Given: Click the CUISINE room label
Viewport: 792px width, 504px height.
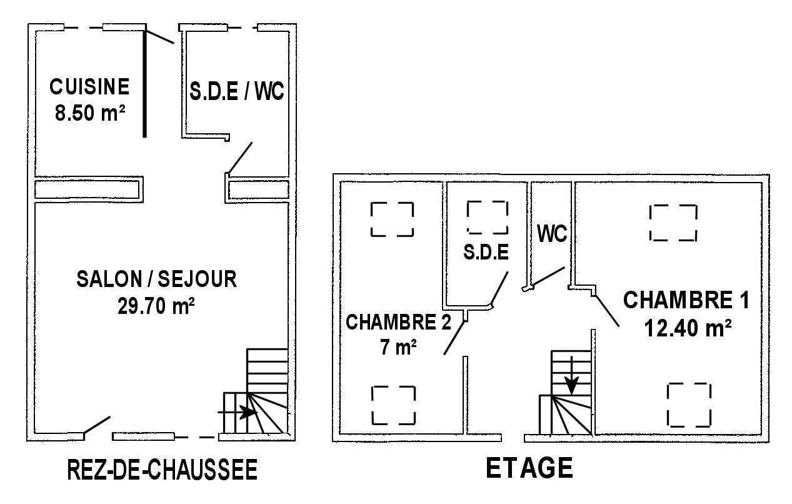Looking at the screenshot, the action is pyautogui.click(x=89, y=87).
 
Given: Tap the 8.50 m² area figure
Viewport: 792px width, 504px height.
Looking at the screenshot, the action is pyautogui.click(x=90, y=113).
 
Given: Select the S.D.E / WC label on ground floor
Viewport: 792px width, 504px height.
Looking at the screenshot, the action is pyautogui.click(x=237, y=91).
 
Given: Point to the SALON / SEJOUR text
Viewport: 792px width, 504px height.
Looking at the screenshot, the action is pyautogui.click(x=157, y=279).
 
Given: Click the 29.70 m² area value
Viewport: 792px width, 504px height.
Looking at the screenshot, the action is pyautogui.click(x=156, y=306).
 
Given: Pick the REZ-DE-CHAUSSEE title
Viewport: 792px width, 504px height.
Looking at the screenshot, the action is pyautogui.click(x=163, y=470).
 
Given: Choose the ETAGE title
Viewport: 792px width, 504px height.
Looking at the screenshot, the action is pyautogui.click(x=529, y=468).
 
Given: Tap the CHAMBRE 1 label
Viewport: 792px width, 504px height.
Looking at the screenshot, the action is pyautogui.click(x=686, y=300).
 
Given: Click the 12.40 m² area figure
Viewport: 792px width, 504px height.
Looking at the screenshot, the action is pyautogui.click(x=688, y=328).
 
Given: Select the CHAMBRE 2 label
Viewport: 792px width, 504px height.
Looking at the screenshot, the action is pyautogui.click(x=398, y=322).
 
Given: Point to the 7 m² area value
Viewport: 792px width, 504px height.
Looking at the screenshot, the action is pyautogui.click(x=398, y=347).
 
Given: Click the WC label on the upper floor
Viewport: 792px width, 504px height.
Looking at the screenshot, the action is pyautogui.click(x=552, y=234).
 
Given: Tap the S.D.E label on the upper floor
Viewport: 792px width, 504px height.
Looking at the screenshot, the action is pyautogui.click(x=486, y=252).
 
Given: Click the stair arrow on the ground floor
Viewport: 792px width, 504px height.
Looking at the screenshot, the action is pyautogui.click(x=237, y=412).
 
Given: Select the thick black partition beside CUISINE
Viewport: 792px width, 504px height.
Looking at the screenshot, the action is pyautogui.click(x=144, y=83).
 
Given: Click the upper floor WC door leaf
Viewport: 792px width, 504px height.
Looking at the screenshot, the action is pyautogui.click(x=549, y=276).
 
